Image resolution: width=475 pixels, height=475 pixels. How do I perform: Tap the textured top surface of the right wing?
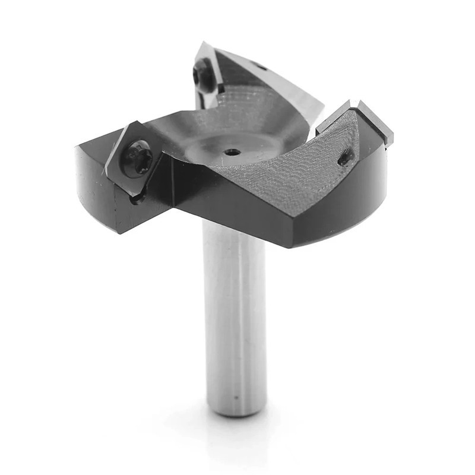(291, 172)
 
